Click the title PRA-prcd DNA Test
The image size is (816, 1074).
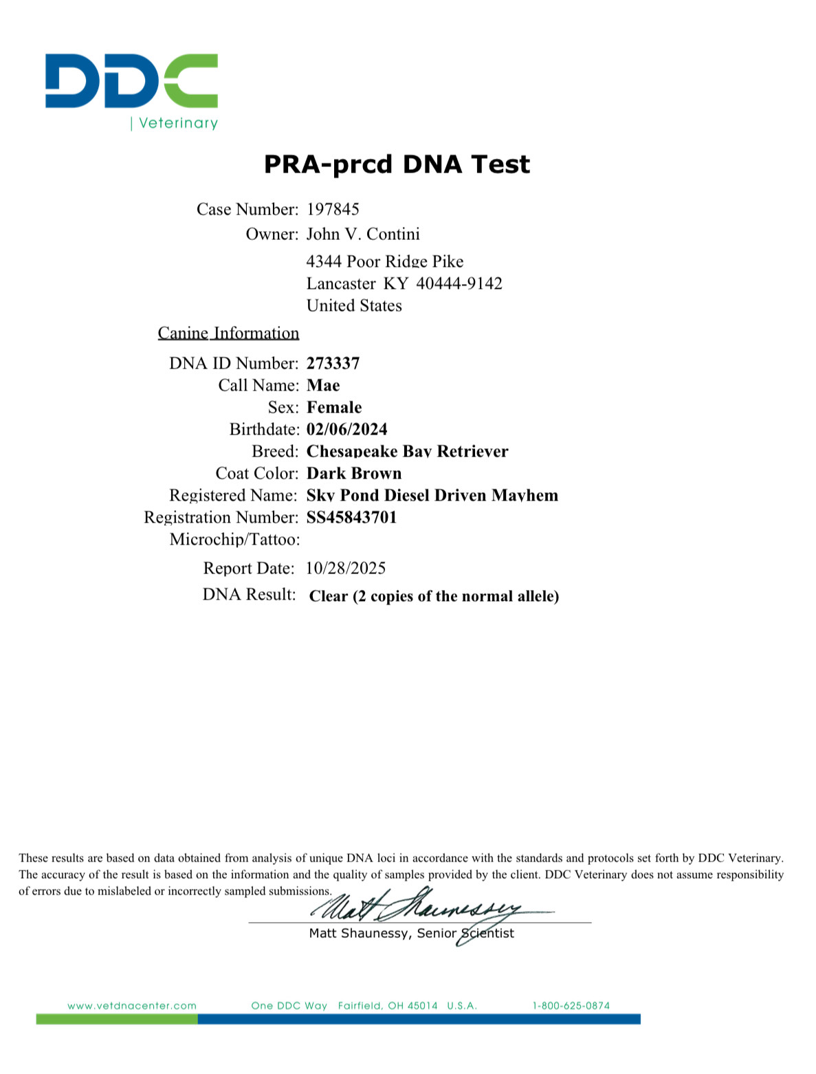click(397, 164)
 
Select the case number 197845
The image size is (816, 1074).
click(333, 209)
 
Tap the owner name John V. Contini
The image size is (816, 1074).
click(363, 234)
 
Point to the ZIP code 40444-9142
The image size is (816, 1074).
click(459, 284)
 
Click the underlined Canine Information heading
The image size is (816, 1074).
click(228, 333)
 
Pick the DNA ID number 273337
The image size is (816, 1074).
click(333, 363)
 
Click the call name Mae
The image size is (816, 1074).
click(323, 385)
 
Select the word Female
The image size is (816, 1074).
click(334, 407)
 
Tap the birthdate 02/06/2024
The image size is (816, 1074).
click(346, 430)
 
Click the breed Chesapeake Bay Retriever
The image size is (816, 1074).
click(407, 452)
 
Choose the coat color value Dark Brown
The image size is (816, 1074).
click(354, 474)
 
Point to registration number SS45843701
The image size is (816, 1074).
click(351, 518)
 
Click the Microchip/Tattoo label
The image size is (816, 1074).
click(234, 540)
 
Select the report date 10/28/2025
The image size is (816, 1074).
click(346, 569)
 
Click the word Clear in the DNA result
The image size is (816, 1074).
click(328, 596)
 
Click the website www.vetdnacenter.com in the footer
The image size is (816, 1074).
click(132, 1006)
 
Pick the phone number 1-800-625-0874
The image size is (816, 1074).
click(571, 1006)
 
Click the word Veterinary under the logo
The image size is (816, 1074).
click(178, 123)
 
